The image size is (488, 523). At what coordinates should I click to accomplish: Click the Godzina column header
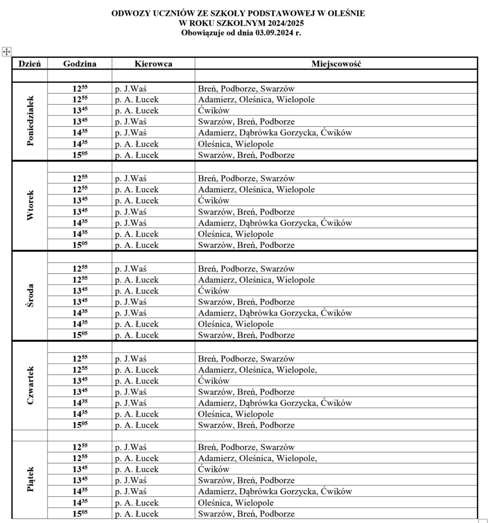click(x=80, y=64)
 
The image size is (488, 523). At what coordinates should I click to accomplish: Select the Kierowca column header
click(x=153, y=64)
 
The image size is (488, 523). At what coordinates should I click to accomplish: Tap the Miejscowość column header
click(x=336, y=64)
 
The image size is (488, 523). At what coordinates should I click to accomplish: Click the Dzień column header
click(x=30, y=64)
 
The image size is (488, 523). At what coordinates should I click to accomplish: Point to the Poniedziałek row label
click(x=30, y=121)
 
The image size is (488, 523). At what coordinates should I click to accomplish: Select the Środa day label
click(x=30, y=296)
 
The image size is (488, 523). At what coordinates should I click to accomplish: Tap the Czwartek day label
click(x=30, y=386)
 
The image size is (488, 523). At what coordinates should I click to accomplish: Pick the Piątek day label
click(x=30, y=479)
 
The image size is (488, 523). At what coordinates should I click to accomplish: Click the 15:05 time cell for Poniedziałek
click(x=80, y=155)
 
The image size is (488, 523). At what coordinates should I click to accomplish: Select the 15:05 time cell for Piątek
click(x=80, y=514)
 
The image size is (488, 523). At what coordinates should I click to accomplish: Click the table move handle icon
click(x=7, y=51)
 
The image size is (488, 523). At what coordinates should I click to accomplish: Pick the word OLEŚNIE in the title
click(x=346, y=13)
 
